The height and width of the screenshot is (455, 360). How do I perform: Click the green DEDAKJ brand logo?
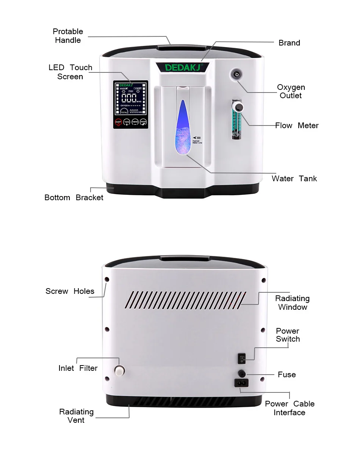(184, 67)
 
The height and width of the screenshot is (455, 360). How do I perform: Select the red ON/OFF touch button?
(118, 122)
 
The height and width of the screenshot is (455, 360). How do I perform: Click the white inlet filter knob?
(120, 370)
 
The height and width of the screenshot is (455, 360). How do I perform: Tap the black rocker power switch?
(241, 358)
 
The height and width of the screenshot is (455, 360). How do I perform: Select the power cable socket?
(241, 383)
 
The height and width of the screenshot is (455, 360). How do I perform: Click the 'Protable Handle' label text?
(68, 36)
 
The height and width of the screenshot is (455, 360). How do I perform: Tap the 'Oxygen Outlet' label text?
(291, 91)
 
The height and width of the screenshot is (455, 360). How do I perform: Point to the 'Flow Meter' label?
(297, 126)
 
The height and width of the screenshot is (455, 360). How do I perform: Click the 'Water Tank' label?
(294, 179)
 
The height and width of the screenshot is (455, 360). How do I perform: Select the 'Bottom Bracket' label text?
(74, 198)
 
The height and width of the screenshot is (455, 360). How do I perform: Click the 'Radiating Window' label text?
(292, 303)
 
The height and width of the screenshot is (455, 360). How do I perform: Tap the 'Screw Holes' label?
(70, 291)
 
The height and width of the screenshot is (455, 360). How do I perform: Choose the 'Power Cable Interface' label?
(290, 408)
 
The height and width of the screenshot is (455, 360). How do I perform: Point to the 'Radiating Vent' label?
(76, 416)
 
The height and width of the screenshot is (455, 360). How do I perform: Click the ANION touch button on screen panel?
(143, 122)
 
